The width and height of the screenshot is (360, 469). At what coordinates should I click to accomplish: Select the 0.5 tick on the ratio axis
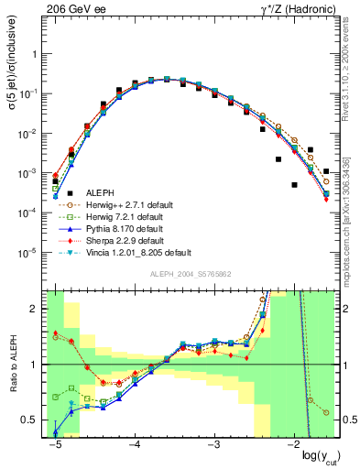pyautogui.click(x=34, y=420)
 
